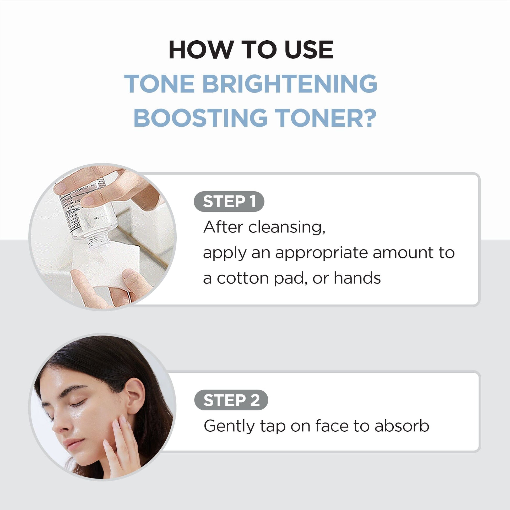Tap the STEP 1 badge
click(x=229, y=202)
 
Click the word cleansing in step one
click(x=286, y=227)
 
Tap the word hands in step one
click(x=357, y=278)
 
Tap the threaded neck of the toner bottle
click(x=98, y=240)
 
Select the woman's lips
click(x=74, y=445)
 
